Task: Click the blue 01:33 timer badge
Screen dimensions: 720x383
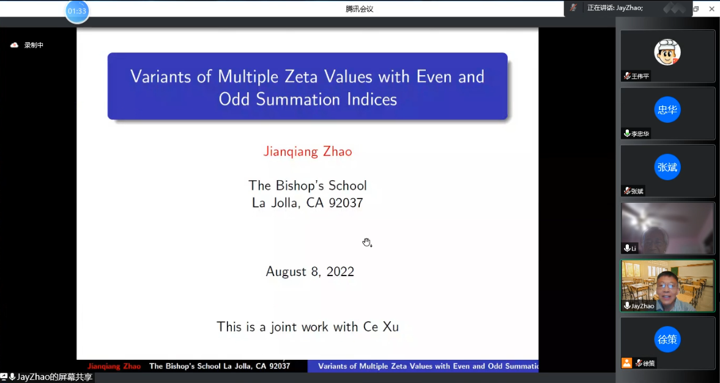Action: (x=76, y=11)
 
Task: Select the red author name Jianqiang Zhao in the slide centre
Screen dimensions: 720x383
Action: (x=308, y=151)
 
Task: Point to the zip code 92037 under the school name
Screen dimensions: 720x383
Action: (x=345, y=203)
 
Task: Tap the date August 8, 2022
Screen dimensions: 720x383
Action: (x=310, y=272)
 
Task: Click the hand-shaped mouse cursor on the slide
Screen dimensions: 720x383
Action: (x=366, y=242)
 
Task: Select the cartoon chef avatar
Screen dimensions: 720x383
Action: (x=667, y=52)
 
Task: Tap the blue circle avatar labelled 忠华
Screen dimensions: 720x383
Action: (x=667, y=109)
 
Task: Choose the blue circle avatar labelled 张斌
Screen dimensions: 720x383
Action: (x=667, y=167)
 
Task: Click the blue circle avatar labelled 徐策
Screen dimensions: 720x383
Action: (x=667, y=340)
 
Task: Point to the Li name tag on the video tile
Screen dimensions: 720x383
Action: (x=630, y=248)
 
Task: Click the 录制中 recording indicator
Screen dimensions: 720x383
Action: (x=27, y=45)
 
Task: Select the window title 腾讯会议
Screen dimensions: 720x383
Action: (x=360, y=9)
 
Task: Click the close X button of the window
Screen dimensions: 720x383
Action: (x=711, y=9)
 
